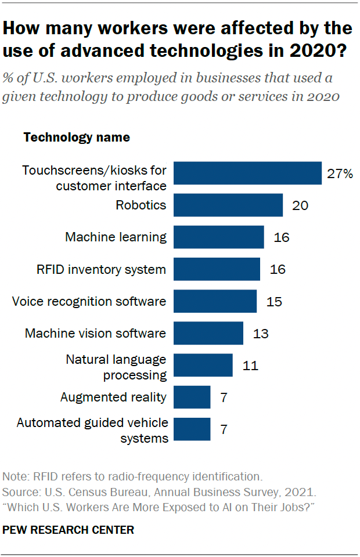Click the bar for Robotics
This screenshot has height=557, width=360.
coord(228,205)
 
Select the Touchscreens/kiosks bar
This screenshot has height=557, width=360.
coord(247,173)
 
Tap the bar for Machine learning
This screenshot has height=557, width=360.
coord(219,237)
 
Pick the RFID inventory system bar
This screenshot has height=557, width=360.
coord(217,269)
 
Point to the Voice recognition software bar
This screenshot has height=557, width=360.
coord(215,302)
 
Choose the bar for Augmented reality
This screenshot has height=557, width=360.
coord(192,397)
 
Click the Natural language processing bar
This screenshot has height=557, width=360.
coord(203,366)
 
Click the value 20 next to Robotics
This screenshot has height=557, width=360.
coord(300,205)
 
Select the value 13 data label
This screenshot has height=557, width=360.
coord(261,334)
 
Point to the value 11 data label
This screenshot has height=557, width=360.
coord(250,366)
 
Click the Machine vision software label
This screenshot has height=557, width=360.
coord(95,334)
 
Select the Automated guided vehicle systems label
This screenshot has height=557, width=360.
coord(92,430)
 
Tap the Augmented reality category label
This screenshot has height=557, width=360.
coord(113,397)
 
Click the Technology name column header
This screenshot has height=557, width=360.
coord(76,138)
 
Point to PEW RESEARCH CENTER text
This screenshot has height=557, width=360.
coord(69,530)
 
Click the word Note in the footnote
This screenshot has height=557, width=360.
coord(15,477)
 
